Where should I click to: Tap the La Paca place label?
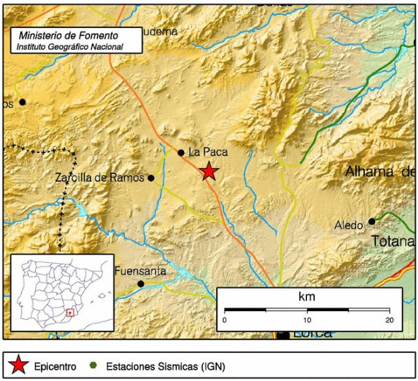(x=207, y=152)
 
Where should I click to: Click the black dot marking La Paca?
(x=181, y=153)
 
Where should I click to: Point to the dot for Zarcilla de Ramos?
(x=151, y=178)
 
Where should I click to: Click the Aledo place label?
(x=348, y=225)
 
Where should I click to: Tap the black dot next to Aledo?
(x=372, y=222)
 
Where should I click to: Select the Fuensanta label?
(x=140, y=271)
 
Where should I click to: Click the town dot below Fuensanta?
(x=140, y=284)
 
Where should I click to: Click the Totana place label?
(x=393, y=241)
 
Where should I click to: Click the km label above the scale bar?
(x=307, y=297)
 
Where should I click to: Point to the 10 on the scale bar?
(x=306, y=320)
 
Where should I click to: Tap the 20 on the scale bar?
(x=389, y=320)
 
